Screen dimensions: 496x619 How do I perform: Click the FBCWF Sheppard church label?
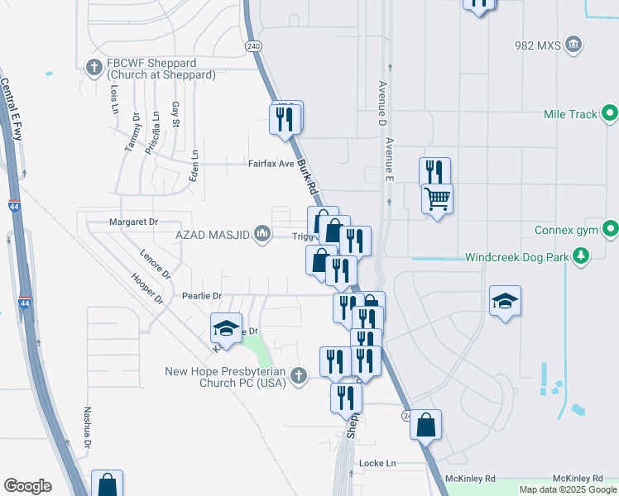coord(161,69)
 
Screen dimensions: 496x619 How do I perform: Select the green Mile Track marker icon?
coord(610,114)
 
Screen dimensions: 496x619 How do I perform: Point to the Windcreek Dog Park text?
coord(516,257)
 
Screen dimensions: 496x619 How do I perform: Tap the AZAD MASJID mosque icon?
coord(263,236)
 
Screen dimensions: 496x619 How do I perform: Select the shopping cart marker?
coord(437,198)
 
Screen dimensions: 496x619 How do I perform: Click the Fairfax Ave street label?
coord(271,164)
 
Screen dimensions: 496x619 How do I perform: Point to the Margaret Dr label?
coord(133,222)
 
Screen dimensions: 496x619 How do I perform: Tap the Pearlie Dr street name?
coord(202,296)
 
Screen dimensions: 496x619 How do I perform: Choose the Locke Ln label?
coord(378,464)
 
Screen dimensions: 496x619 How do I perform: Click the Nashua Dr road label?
coord(87,427)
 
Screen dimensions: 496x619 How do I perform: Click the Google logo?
coord(27,486)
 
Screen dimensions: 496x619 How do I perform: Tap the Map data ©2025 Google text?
coord(568,489)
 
